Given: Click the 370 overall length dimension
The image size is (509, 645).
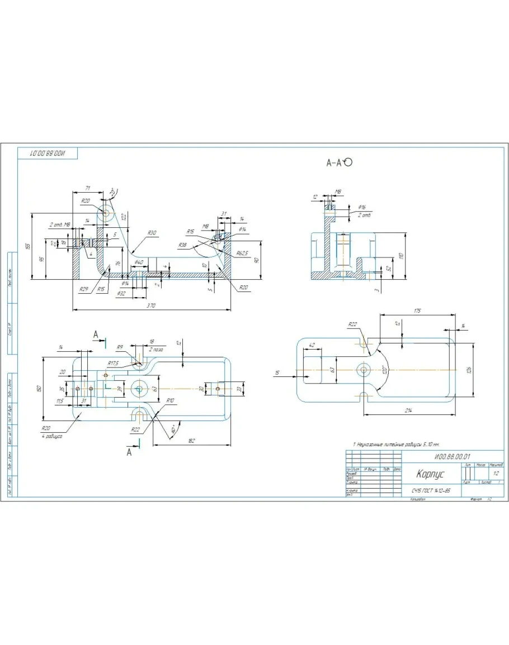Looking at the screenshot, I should click(x=150, y=305).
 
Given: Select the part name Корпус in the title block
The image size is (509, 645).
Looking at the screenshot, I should click(x=430, y=474).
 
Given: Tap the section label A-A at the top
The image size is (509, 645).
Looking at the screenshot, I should click(x=334, y=163).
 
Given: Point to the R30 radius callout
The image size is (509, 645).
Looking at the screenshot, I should click(x=152, y=232).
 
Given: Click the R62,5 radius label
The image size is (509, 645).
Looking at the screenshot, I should click(x=242, y=253).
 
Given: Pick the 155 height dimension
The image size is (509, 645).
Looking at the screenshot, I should click(x=29, y=246).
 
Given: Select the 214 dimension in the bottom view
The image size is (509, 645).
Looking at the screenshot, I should click(x=408, y=411).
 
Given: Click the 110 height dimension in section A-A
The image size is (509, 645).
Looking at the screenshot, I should click(x=400, y=255).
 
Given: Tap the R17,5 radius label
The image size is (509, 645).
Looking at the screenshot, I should click(x=114, y=363).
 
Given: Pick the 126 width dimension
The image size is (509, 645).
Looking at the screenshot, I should click(x=469, y=369).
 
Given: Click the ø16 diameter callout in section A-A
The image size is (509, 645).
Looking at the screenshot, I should click(x=361, y=207).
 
